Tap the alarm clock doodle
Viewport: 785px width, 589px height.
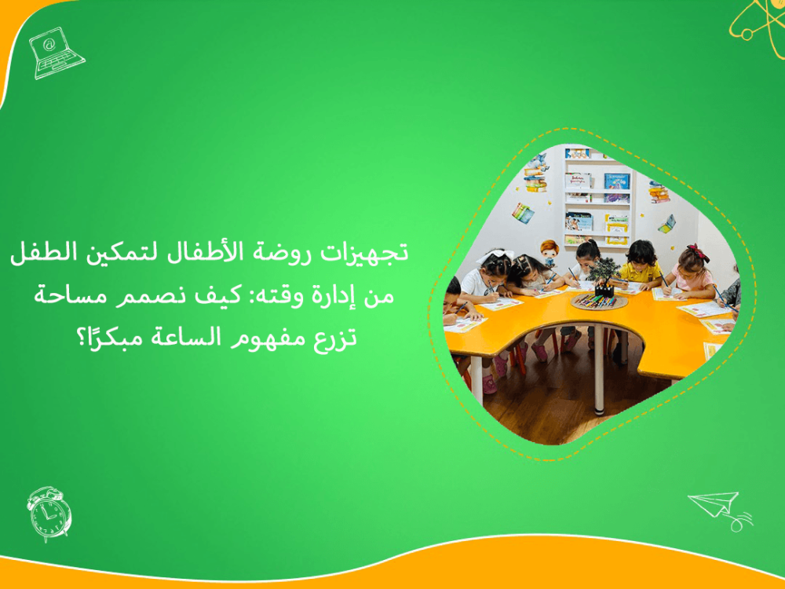pos(48,513)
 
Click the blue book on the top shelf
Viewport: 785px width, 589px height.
pos(616,182)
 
